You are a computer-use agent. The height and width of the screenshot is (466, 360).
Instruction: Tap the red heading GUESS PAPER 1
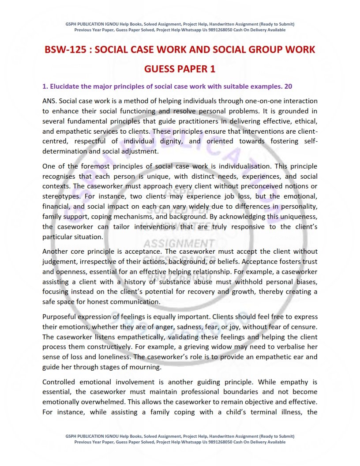[180, 70]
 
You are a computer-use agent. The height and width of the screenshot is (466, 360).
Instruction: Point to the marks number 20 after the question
[288, 86]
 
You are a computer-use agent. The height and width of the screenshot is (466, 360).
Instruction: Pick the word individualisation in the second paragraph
[241, 166]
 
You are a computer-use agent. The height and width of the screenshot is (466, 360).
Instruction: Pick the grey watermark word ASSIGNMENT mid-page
[179, 244]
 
